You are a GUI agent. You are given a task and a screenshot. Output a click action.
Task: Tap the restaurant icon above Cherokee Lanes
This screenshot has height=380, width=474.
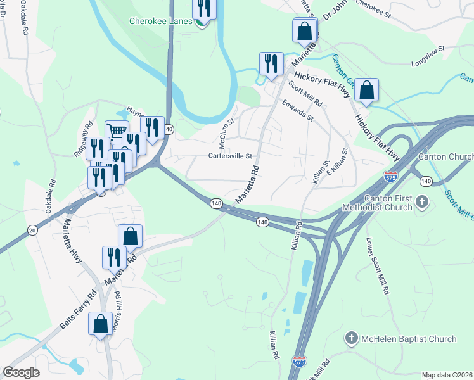point(204,8)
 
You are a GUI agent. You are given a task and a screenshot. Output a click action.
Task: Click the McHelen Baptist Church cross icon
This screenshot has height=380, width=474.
point(352,339)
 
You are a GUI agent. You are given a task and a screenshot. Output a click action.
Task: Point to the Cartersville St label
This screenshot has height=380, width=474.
point(231,156)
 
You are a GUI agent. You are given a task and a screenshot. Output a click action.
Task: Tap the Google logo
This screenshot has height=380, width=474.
point(22,372)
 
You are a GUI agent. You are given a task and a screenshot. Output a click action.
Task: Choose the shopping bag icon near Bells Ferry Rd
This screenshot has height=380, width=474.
point(101,324)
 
